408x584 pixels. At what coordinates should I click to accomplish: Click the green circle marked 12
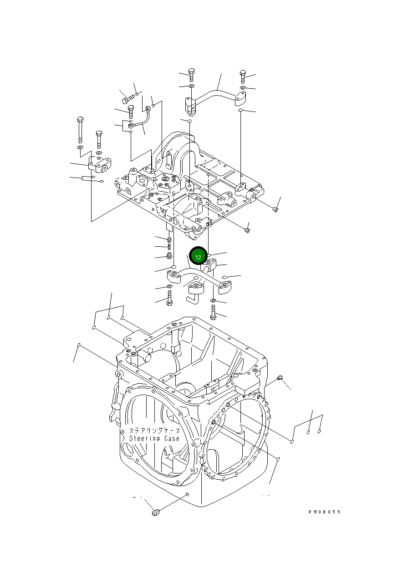(198, 257)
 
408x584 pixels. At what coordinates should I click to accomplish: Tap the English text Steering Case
(154, 438)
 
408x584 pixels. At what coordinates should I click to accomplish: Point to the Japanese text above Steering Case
(154, 430)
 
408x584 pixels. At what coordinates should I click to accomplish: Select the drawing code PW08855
(324, 512)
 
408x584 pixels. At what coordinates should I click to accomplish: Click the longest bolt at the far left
(80, 128)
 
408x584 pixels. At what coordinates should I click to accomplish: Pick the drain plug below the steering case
(156, 513)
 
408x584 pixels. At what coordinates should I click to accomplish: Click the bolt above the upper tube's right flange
(243, 76)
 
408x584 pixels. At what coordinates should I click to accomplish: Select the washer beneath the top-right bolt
(243, 87)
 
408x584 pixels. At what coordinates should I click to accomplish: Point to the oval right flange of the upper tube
(241, 100)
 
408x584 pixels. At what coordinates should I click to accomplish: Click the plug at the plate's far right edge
(275, 209)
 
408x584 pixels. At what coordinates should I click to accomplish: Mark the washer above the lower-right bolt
(213, 301)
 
